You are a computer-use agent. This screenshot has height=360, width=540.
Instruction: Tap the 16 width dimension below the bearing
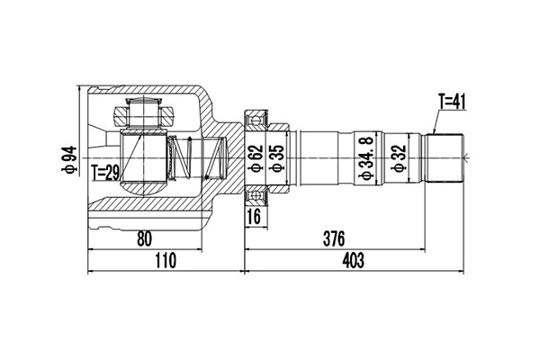pyautogui.click(x=254, y=216)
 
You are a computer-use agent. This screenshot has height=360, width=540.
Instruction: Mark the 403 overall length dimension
pyautogui.click(x=354, y=261)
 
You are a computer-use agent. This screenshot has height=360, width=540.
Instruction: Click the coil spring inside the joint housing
pyautogui.click(x=184, y=161)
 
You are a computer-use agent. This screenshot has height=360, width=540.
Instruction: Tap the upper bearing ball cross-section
pyautogui.click(x=256, y=118)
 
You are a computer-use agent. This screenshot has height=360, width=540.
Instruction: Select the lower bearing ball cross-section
pyautogui.click(x=256, y=196)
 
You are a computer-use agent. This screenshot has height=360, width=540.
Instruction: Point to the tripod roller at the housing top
pyautogui.click(x=144, y=114)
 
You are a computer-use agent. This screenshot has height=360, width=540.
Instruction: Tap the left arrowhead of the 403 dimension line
pyautogui.click(x=247, y=269)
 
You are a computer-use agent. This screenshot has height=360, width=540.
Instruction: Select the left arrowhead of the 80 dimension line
pyautogui.click(x=91, y=247)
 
